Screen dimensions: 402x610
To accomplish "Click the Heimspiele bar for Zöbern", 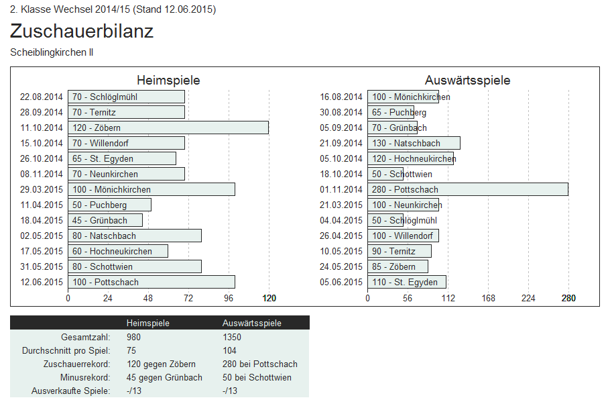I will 168,128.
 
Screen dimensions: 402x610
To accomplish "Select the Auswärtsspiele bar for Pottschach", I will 467,189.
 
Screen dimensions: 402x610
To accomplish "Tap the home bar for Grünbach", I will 105,220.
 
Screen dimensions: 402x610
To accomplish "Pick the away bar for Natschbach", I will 414,143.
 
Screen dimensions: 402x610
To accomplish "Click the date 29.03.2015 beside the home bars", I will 42,189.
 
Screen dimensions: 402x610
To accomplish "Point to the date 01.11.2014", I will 341,189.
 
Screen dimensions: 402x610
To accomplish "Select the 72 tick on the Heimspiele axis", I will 188,298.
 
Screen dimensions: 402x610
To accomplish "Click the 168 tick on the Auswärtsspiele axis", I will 488,298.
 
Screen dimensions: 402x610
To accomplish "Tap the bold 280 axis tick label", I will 568,298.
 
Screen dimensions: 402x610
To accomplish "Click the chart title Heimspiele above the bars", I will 168,81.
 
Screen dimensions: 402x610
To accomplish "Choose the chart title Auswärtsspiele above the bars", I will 467,81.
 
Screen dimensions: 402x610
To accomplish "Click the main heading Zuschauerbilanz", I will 82,31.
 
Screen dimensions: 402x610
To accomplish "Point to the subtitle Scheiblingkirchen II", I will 52,52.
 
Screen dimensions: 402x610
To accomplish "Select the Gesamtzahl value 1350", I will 233,337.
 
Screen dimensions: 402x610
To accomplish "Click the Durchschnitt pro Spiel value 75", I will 131,350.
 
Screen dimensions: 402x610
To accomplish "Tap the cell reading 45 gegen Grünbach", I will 164,377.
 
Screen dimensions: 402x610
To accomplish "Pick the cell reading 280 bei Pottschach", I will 260,364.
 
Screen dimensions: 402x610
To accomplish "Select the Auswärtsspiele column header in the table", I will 252,323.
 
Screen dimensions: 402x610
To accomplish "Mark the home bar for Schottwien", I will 134,266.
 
